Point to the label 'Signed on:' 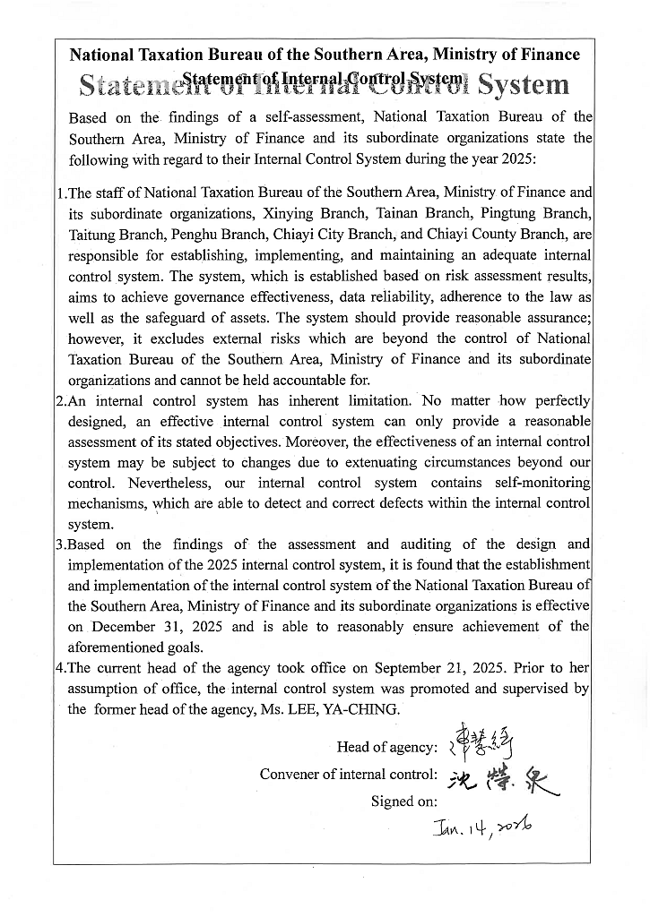point(404,801)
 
